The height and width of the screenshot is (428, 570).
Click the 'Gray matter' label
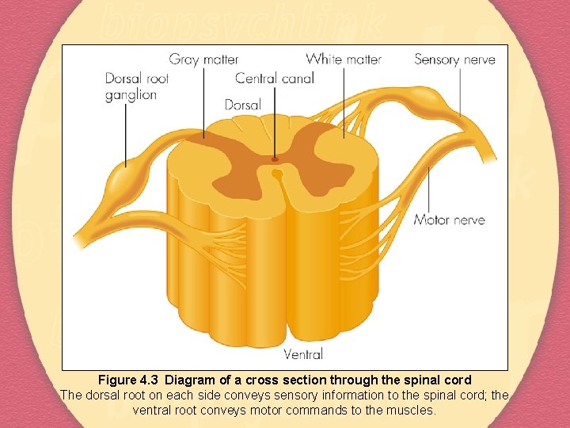(203, 59)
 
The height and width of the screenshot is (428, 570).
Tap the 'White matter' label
(344, 59)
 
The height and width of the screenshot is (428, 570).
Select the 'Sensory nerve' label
(454, 59)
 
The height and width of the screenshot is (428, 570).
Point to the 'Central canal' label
(275, 78)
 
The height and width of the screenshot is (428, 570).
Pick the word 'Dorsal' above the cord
(242, 105)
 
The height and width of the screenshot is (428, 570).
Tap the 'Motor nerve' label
(449, 220)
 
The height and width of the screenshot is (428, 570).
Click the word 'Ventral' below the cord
(303, 354)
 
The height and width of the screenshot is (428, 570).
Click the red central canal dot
(275, 159)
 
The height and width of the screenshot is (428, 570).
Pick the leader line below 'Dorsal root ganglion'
(125, 135)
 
